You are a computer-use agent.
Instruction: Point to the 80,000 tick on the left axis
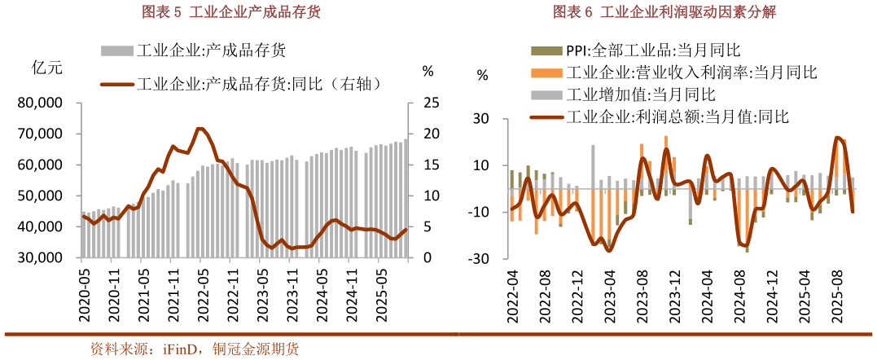tap(46, 103)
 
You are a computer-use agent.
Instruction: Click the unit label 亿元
tap(46, 68)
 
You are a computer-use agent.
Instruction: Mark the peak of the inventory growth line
tap(200, 129)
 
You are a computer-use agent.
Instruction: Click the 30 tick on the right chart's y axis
tap(480, 119)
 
